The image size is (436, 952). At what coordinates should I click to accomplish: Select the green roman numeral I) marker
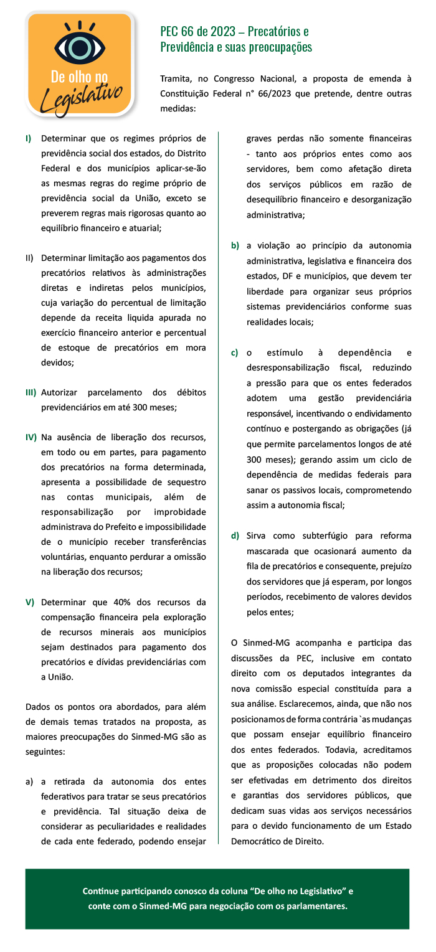[29, 138]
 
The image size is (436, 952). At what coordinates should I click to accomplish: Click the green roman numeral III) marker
[31, 393]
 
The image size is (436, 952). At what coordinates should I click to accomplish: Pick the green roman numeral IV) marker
[31, 438]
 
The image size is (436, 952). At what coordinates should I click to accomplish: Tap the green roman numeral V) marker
[29, 602]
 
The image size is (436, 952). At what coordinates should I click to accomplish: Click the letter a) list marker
[29, 781]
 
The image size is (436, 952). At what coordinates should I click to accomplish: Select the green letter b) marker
[235, 246]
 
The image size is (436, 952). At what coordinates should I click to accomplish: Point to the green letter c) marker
[235, 353]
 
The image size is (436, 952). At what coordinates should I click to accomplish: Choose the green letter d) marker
[235, 535]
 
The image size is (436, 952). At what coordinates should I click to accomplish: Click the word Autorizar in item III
[60, 393]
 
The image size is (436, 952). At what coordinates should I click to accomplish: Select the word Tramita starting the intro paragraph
[175, 79]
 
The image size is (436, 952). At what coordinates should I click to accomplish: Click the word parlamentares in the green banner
[315, 906]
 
